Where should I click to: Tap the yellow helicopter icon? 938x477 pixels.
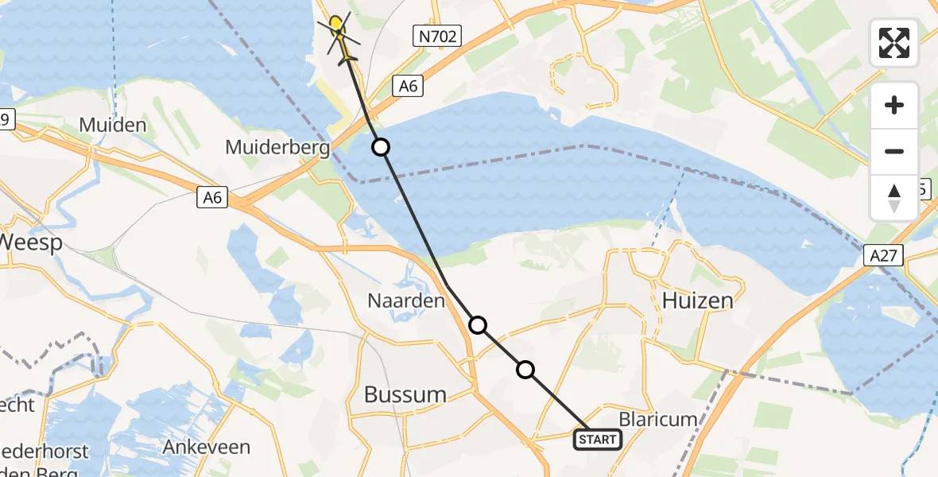pyautogui.click(x=338, y=30)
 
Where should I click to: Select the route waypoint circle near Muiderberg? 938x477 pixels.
pyautogui.click(x=382, y=147)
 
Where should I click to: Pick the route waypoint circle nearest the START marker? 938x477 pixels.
pyautogui.click(x=525, y=369)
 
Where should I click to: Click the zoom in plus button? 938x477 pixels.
pyautogui.click(x=894, y=105)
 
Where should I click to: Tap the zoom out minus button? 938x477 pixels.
pyautogui.click(x=894, y=151)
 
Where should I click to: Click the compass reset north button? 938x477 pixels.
pyautogui.click(x=894, y=197)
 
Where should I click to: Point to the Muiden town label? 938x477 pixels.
pyautogui.click(x=113, y=125)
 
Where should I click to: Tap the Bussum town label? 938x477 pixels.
pyautogui.click(x=405, y=394)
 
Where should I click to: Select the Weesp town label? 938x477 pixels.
pyautogui.click(x=32, y=242)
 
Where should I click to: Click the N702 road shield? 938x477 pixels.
pyautogui.click(x=438, y=34)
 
